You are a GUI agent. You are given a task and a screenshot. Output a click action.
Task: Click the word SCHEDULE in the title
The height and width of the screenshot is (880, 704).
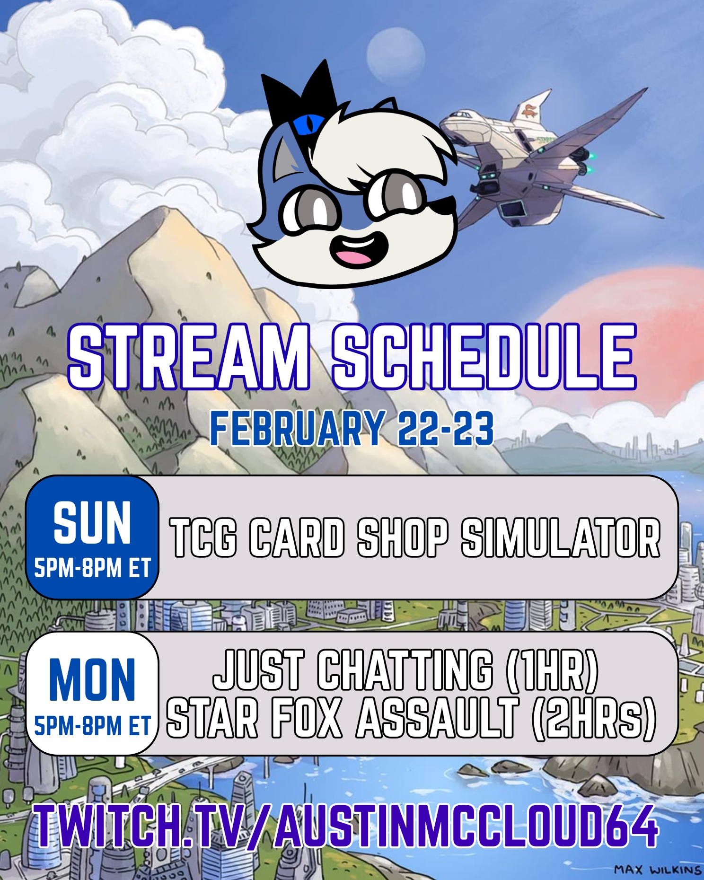[x=484, y=358]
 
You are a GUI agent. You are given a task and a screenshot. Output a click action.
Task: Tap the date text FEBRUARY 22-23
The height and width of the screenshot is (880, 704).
[x=352, y=429]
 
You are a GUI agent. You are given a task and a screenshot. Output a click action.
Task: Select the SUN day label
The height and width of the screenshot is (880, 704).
[x=92, y=523]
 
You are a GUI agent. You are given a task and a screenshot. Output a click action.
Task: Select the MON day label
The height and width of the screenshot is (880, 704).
[x=92, y=679]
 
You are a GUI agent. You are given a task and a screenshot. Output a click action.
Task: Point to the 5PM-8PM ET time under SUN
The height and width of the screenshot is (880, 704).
[x=92, y=568]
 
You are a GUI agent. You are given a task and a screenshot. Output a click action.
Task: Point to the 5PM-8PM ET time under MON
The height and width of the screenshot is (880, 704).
[x=92, y=726]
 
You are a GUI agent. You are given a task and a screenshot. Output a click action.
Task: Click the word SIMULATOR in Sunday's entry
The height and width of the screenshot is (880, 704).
[x=561, y=538]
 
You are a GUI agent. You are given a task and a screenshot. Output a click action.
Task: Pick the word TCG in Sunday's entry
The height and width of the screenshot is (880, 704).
[x=203, y=538]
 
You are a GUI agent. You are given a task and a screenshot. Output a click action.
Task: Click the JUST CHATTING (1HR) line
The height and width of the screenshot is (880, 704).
[x=405, y=670]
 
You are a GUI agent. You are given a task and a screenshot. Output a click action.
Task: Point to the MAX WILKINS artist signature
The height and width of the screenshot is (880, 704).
[x=658, y=870]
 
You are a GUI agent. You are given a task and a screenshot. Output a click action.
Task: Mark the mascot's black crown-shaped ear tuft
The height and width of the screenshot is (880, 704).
[x=298, y=95]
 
